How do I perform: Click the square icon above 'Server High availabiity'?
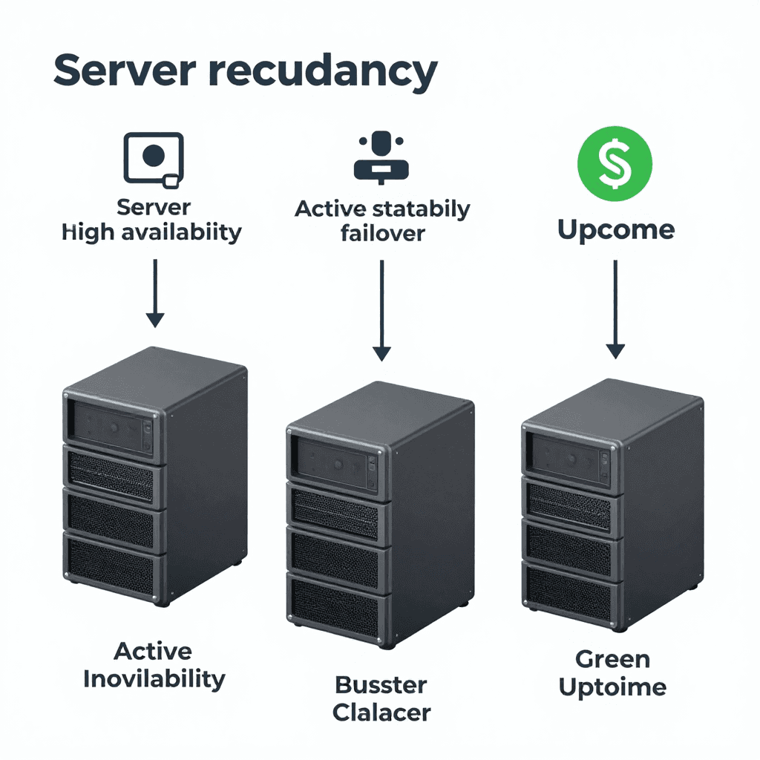tap(154, 159)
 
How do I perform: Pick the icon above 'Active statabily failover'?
tap(381, 157)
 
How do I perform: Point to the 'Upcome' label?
tap(615, 230)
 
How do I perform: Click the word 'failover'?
tap(382, 233)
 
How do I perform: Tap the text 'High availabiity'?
tap(152, 232)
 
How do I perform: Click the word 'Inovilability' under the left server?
tap(154, 678)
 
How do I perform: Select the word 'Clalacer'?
tap(381, 712)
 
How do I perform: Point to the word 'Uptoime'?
tap(612, 687)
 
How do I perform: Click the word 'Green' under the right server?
tap(612, 658)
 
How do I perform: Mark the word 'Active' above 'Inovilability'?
tap(153, 651)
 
